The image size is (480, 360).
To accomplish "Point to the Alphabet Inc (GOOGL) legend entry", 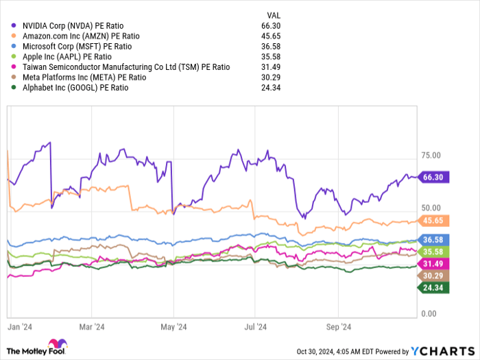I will click(75, 88).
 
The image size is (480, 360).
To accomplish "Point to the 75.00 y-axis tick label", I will click(431, 156).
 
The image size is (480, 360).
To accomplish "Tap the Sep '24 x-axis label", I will click(337, 327).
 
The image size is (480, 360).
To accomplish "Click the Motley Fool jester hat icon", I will click(56, 346).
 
